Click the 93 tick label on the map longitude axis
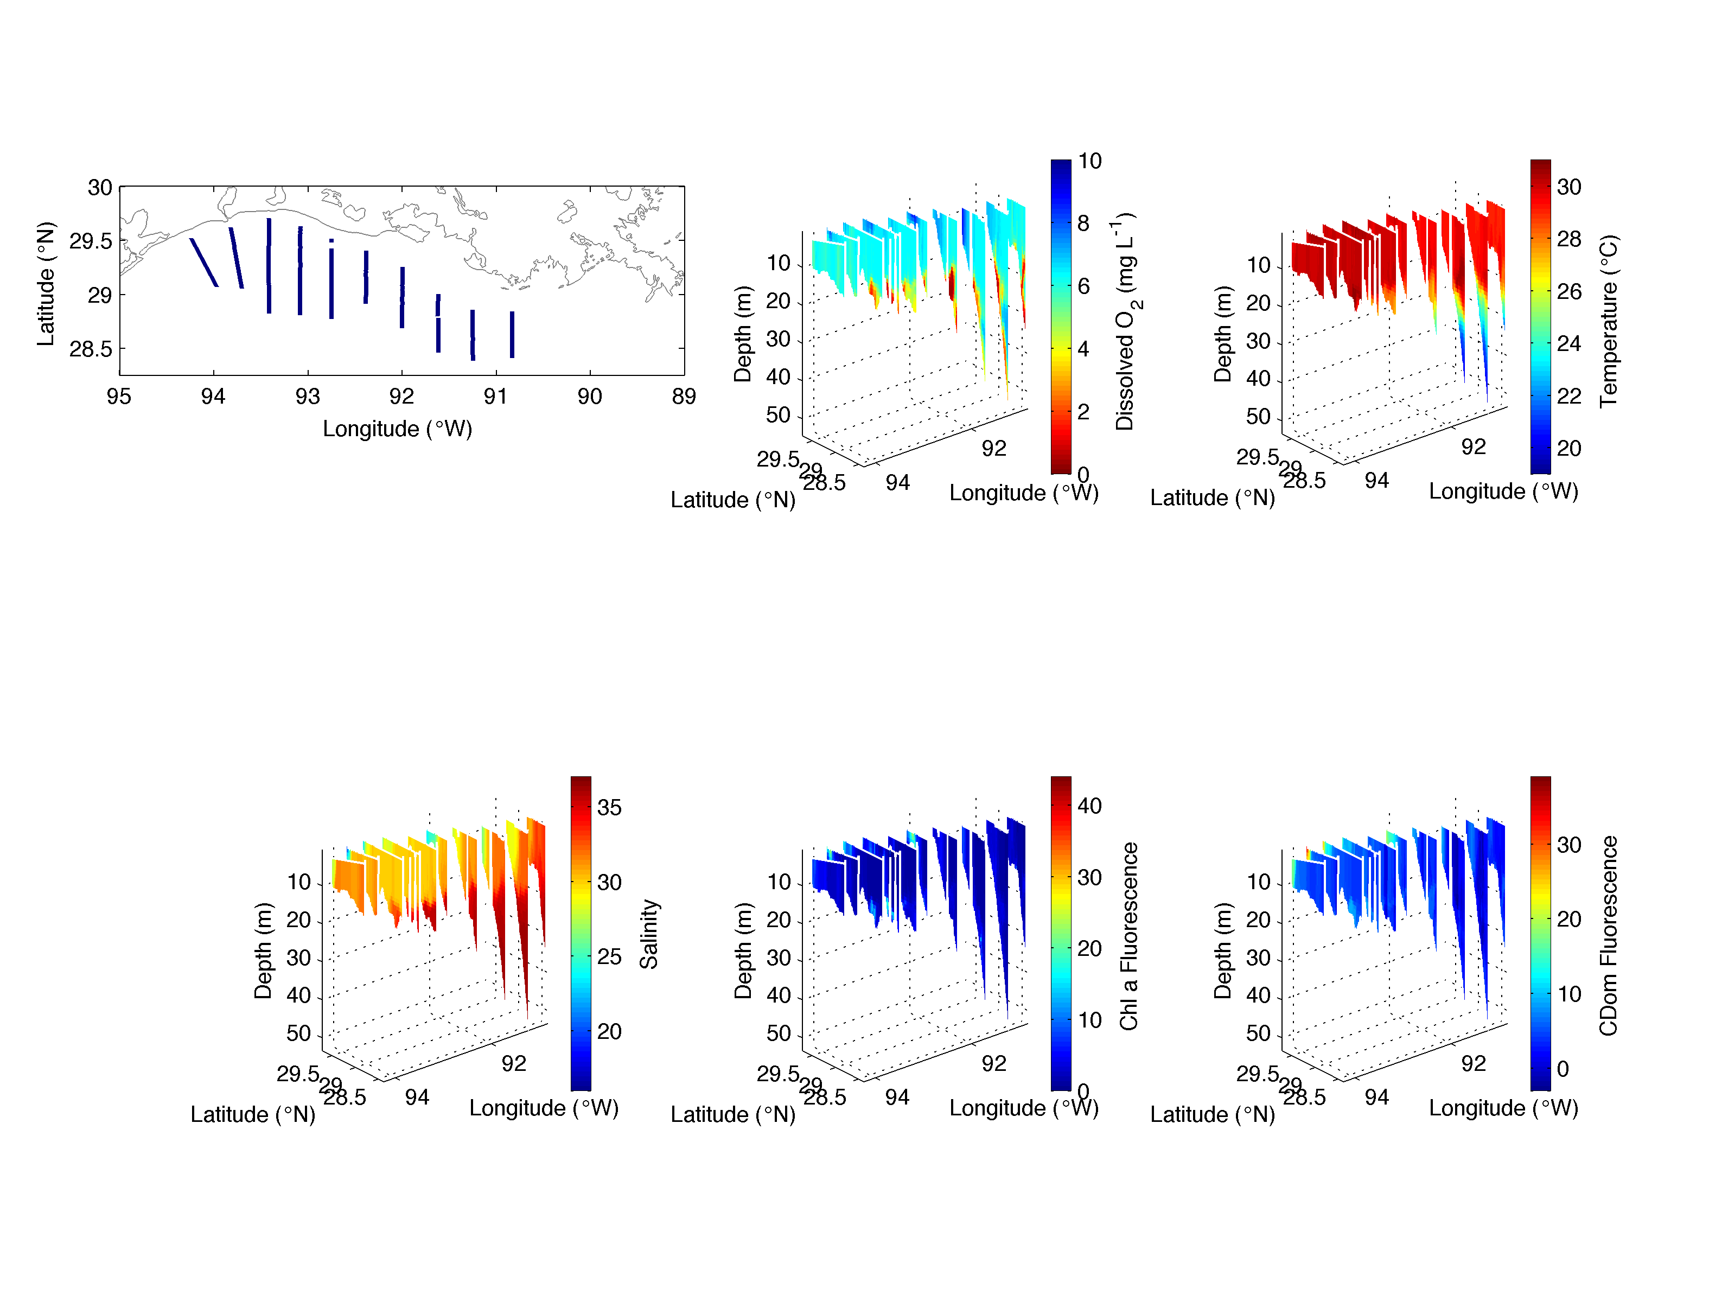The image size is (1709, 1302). [308, 397]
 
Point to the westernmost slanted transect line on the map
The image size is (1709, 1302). [204, 263]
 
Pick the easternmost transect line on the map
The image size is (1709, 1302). [512, 334]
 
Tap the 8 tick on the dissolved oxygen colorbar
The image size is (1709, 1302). [1083, 224]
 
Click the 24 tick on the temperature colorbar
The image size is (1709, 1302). [1568, 343]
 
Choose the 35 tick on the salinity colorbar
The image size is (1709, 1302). [609, 808]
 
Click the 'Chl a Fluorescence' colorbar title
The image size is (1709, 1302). [1128, 936]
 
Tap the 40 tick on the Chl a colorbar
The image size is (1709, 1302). [1089, 806]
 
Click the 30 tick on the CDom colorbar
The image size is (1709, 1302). [1568, 845]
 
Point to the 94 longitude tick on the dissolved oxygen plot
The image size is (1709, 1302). [897, 483]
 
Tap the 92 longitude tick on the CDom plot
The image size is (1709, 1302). [1474, 1063]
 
